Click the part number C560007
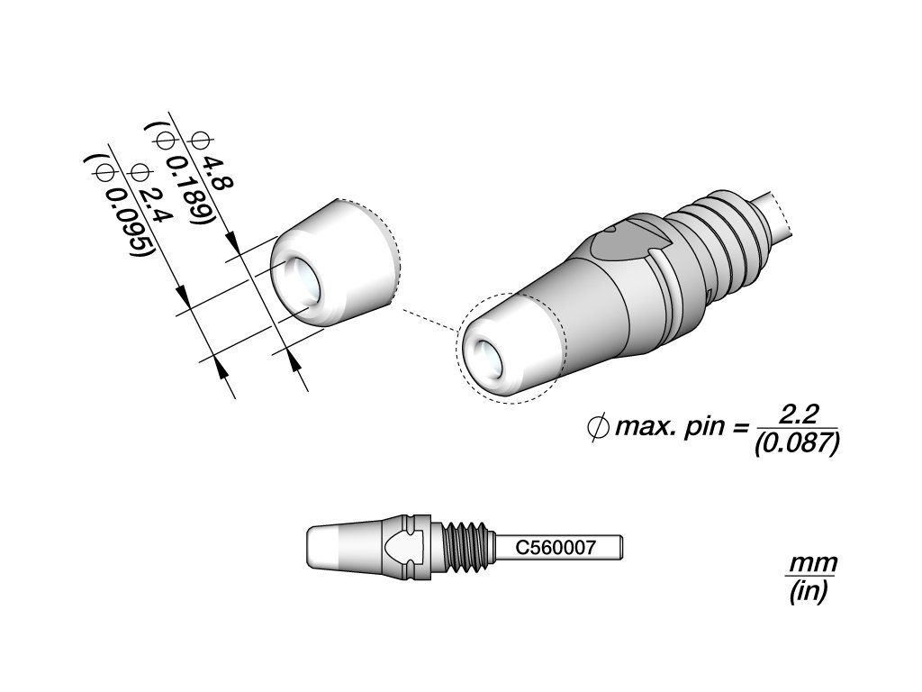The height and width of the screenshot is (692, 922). pyautogui.click(x=556, y=548)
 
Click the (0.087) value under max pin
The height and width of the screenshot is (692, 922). pyautogui.click(x=797, y=442)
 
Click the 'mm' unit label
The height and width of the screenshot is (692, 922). pyautogui.click(x=813, y=564)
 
